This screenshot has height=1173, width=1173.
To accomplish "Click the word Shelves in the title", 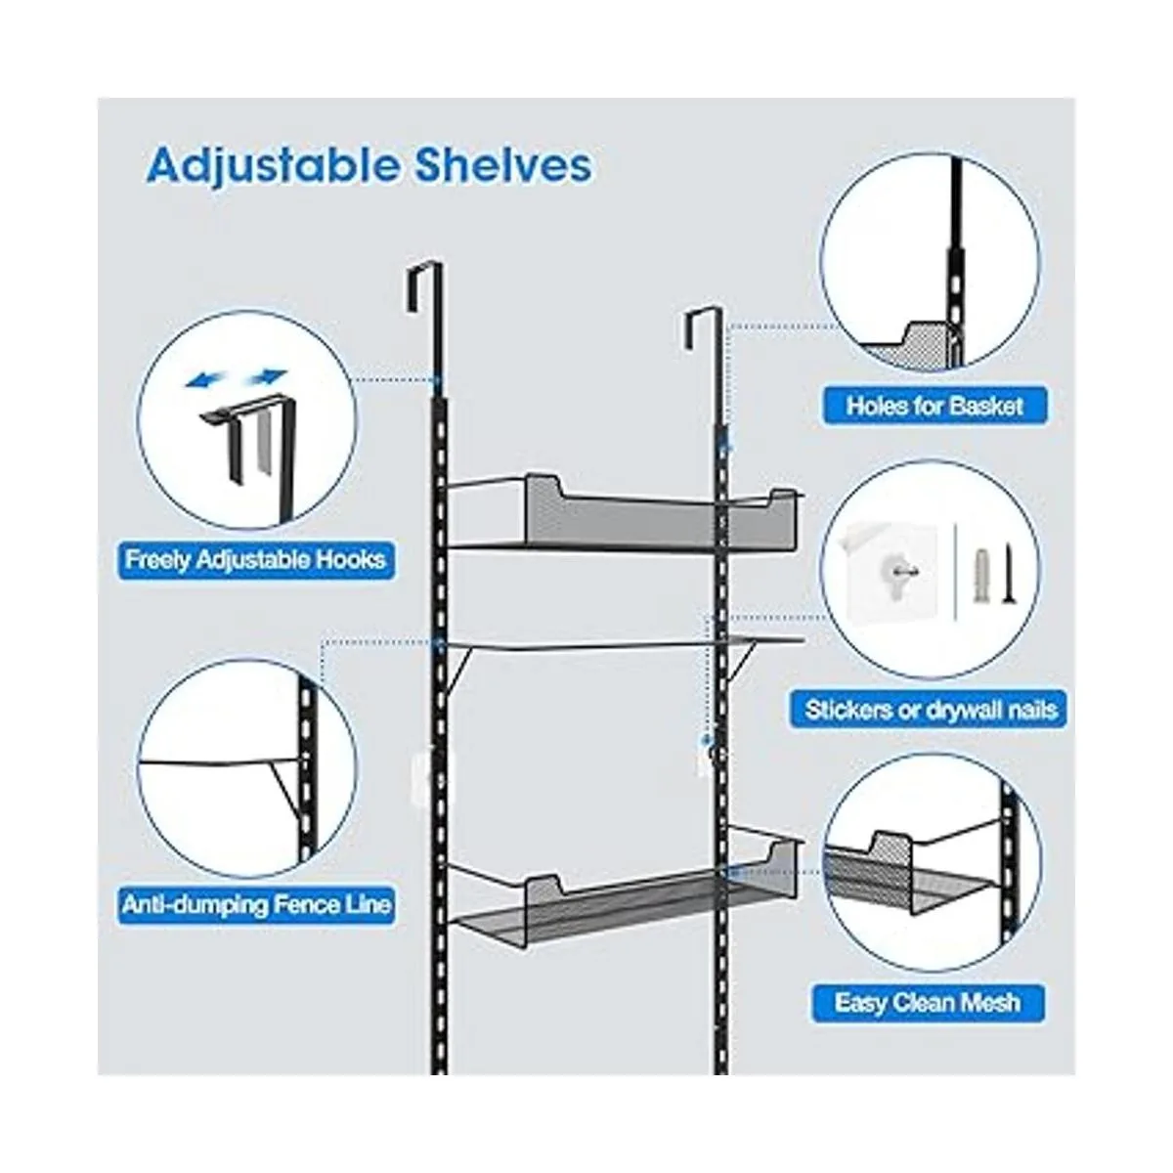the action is point(503,164).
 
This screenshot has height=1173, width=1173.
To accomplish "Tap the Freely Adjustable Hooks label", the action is point(256,559).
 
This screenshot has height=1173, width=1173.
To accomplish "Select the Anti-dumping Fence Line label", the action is point(256,904).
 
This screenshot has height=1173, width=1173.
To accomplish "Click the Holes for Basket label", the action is point(934,406).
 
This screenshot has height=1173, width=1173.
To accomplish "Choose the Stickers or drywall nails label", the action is point(930,709).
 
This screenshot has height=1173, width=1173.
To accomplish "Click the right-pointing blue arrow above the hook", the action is point(266,376).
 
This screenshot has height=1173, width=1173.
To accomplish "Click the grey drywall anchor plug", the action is point(980,567).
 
